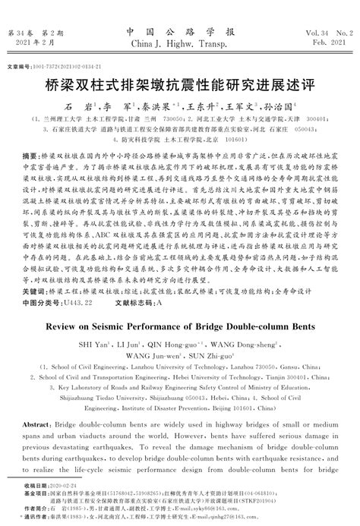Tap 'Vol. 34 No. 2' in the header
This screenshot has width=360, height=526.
point(327,33)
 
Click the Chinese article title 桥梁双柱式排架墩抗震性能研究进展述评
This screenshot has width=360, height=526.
point(180,85)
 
